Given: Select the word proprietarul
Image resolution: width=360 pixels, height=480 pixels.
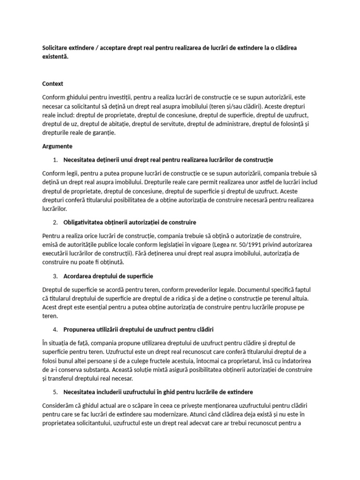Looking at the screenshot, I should click(252, 360).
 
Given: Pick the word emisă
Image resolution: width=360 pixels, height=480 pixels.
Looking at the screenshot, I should click(51, 245).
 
